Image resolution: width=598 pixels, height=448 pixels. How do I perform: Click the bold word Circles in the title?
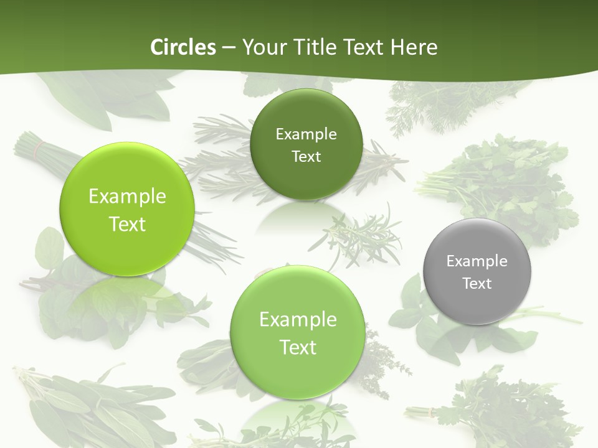click(x=183, y=47)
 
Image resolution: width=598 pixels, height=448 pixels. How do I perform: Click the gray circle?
click(x=477, y=272)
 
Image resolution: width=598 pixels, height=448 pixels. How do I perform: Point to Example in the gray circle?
click(x=477, y=261)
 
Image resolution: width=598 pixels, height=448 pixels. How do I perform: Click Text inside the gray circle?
click(x=477, y=284)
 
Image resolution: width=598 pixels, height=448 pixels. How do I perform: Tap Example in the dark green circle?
click(x=306, y=134)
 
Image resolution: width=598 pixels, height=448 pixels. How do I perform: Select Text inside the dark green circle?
click(x=306, y=157)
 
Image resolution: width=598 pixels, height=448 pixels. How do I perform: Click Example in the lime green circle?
click(x=127, y=197)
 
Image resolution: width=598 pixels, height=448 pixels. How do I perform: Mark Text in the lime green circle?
click(x=127, y=224)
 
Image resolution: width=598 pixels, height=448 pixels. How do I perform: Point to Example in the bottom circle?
click(x=298, y=320)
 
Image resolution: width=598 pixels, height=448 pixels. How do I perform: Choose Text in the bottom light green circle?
click(x=298, y=347)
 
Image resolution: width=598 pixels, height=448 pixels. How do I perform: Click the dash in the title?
click(x=229, y=48)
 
